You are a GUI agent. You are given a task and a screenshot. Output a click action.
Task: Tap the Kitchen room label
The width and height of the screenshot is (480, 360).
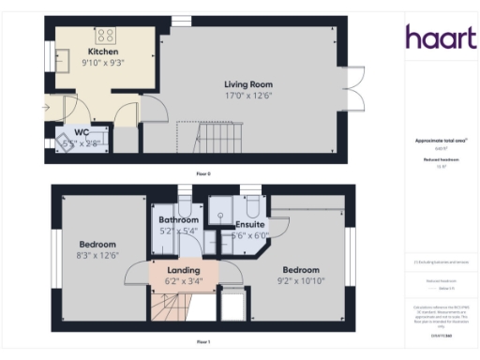click(x=103, y=51)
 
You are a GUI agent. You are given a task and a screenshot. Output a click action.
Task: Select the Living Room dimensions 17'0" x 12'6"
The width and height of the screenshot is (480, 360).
click(x=247, y=95)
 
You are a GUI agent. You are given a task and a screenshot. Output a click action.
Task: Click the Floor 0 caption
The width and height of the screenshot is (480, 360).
click(x=203, y=174)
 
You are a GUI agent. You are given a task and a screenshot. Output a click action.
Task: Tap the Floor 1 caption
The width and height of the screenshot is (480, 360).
click(x=203, y=341)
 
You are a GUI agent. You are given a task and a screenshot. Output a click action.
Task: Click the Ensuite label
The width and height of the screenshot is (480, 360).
click(x=247, y=226)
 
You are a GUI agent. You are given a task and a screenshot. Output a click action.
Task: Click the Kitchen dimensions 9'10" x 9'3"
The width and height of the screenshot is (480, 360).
click(x=103, y=62)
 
